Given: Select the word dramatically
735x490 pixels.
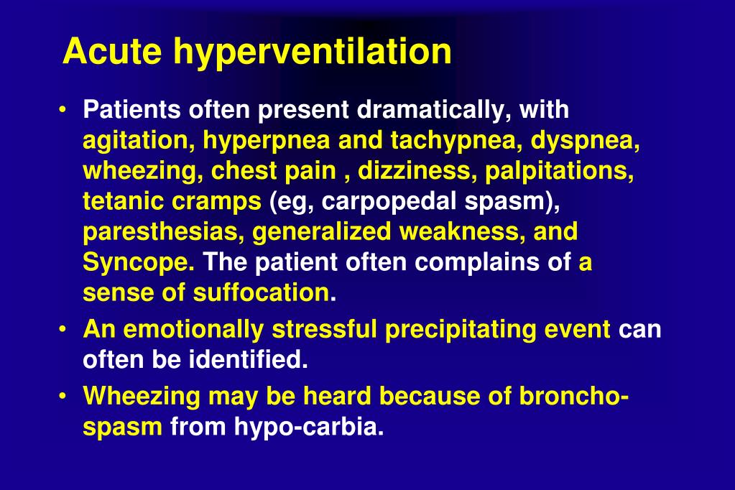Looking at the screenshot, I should [435, 110].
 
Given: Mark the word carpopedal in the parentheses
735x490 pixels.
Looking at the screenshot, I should [376, 201].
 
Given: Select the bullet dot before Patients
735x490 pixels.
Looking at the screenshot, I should [65, 111].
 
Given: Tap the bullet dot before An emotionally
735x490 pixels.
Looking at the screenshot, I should [65, 330].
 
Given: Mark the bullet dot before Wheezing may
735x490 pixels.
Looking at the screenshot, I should [65, 397].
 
